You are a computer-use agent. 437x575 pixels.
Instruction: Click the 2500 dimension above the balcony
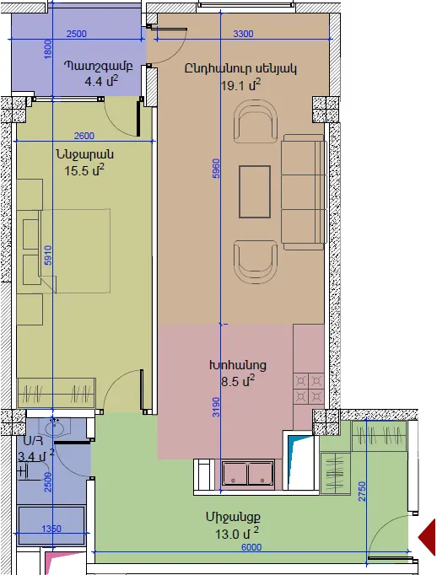76,34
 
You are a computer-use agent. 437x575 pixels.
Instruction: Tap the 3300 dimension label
243,34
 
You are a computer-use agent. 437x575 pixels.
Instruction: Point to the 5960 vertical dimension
216,169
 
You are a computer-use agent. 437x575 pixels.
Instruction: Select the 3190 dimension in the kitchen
216,406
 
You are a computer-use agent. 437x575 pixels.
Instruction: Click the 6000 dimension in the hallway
251,547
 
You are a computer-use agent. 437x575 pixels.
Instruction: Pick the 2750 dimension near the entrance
362,491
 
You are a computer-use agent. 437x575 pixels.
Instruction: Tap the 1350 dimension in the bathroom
51,529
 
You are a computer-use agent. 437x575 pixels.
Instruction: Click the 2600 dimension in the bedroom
84,136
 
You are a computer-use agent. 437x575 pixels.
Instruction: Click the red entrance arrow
428,537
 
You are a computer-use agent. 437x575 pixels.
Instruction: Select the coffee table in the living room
255,191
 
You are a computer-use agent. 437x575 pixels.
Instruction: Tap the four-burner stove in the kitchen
309,389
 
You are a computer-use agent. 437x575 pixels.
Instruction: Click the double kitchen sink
248,474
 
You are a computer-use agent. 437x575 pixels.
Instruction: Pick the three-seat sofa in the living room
304,192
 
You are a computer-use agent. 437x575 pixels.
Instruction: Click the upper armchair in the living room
256,122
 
